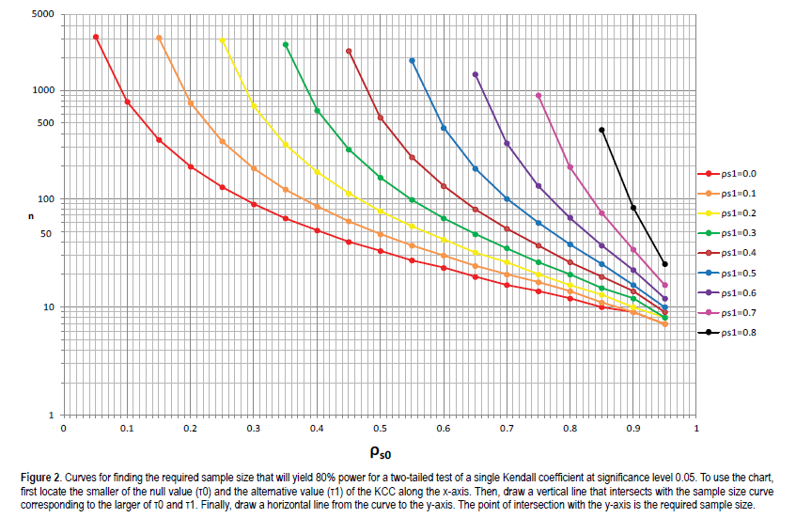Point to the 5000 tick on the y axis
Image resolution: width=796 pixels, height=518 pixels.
coord(41,16)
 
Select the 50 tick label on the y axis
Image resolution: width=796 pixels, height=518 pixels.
coord(45,232)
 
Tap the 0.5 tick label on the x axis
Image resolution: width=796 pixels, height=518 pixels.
coord(380,429)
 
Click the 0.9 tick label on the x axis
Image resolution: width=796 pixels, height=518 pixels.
coord(632,429)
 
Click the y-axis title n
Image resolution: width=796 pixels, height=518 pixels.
coord(31,216)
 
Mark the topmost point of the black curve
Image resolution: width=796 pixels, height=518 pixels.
coord(601,130)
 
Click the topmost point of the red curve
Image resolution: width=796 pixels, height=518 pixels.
coord(96,37)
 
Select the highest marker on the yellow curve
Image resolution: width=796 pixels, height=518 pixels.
coord(222,40)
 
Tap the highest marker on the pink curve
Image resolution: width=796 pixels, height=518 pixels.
coord(538,95)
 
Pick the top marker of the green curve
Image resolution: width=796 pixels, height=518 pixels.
coord(286,44)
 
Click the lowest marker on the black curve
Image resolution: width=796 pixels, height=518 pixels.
coord(664,264)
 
